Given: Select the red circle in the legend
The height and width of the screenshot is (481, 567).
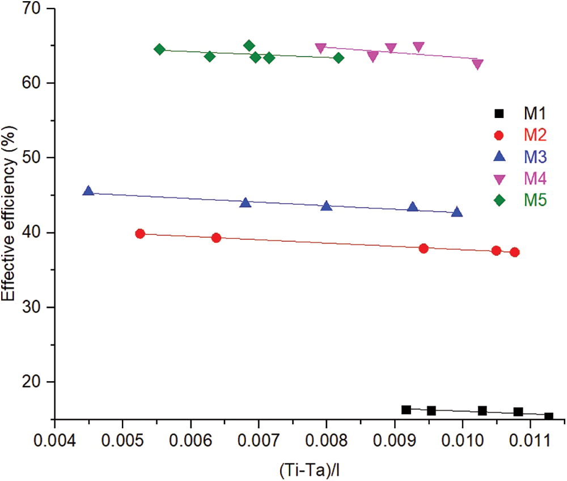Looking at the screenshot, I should (x=499, y=136).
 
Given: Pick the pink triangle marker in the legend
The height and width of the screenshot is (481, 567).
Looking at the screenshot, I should (x=499, y=179).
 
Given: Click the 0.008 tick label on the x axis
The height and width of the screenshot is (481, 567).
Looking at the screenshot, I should (x=326, y=440).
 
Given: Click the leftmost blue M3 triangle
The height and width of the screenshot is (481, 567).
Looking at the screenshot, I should (x=88, y=191).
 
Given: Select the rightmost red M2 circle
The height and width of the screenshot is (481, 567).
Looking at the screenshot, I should (x=514, y=252).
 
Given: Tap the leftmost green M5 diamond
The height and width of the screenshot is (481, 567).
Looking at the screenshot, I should (x=159, y=49).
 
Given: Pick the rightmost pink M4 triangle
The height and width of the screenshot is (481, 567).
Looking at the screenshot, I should (x=477, y=64).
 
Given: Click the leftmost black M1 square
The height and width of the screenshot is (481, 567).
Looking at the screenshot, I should (x=406, y=410).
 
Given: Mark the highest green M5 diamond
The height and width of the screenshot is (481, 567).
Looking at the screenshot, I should (x=249, y=45).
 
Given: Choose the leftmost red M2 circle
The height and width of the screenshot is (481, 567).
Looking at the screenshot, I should (x=140, y=234).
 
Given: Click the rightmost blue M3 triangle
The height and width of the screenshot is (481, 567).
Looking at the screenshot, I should (x=457, y=212).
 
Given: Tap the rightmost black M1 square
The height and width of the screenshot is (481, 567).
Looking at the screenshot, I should (x=548, y=416).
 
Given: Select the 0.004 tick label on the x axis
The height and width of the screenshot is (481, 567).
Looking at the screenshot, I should (x=54, y=440).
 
